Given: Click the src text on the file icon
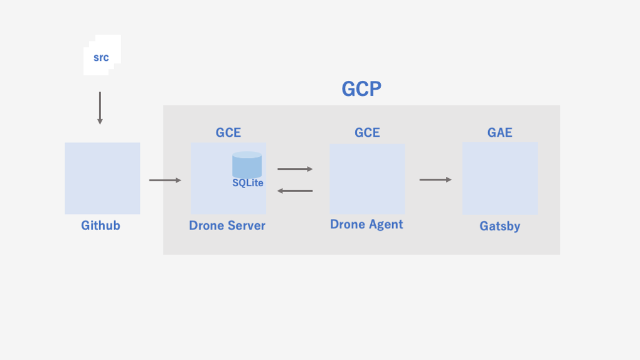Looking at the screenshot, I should (x=101, y=58).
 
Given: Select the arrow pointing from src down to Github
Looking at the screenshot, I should (x=100, y=108).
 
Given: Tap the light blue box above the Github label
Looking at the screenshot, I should (x=102, y=178).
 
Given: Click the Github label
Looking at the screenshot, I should (x=100, y=225).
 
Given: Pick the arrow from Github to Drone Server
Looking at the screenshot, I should (x=165, y=181).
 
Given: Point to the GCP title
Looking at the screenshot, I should (x=361, y=89).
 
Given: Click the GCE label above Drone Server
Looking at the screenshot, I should (x=228, y=132).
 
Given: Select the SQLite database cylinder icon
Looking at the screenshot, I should (x=247, y=164).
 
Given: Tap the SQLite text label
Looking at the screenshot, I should (x=248, y=183).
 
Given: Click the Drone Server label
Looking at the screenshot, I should (x=227, y=226).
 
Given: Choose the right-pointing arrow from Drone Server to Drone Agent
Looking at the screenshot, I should (x=295, y=169).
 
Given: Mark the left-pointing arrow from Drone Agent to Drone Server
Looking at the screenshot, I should (x=295, y=191).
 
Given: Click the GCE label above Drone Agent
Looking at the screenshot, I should (x=367, y=132).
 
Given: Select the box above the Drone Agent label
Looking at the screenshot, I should (x=367, y=179).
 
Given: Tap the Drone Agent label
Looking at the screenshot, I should (x=366, y=225).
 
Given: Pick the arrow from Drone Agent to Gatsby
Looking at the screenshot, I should (x=435, y=180).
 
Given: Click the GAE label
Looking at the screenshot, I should (x=500, y=132).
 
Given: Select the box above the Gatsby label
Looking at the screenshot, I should (x=500, y=179).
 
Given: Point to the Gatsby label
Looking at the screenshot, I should (x=500, y=226).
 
